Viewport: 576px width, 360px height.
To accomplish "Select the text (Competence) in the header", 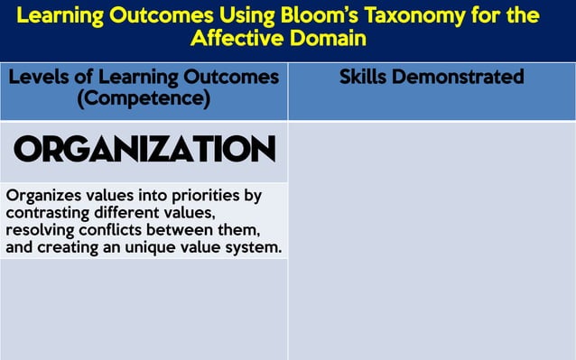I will (144, 97).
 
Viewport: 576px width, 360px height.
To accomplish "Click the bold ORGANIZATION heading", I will (144, 150).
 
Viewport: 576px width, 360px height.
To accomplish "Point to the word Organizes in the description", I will (40, 196).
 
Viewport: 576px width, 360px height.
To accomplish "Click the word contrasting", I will (50, 213).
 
